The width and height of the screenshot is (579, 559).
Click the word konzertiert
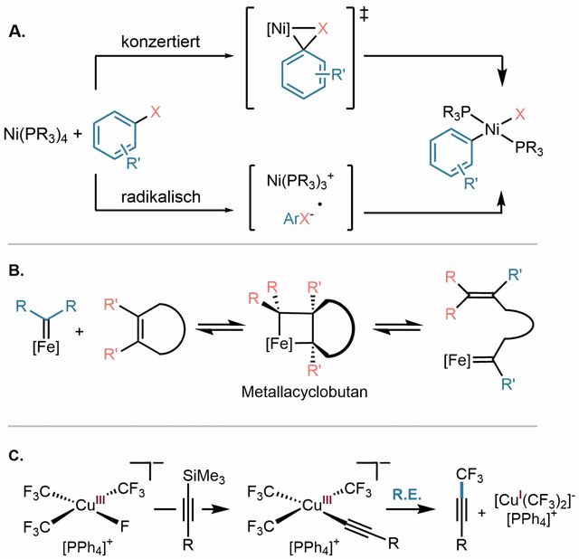pyautogui.click(x=161, y=42)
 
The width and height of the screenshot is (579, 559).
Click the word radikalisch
pyautogui.click(x=161, y=197)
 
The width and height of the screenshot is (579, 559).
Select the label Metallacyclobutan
pyautogui.click(x=305, y=392)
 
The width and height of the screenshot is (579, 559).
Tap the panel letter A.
pyautogui.click(x=17, y=32)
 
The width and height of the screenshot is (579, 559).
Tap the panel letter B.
pyautogui.click(x=16, y=270)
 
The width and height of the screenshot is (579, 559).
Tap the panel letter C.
pyautogui.click(x=16, y=456)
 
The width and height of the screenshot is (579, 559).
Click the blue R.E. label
pyautogui.click(x=407, y=495)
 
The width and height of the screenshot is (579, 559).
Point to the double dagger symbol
pyautogui.click(x=364, y=14)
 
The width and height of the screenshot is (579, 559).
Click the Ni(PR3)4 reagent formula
pyautogui.click(x=36, y=135)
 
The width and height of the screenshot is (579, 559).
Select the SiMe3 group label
pyautogui.click(x=204, y=477)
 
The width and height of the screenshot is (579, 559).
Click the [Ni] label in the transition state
pyautogui.click(x=279, y=29)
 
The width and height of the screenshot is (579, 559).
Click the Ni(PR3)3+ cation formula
pyautogui.click(x=300, y=181)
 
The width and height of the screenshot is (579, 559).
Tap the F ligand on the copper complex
pyautogui.click(x=125, y=526)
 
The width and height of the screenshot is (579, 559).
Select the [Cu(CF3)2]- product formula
pyautogui.click(x=535, y=501)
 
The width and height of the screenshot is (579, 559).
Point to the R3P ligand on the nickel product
pyautogui.click(x=457, y=113)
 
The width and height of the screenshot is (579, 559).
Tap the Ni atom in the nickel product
pyautogui.click(x=492, y=130)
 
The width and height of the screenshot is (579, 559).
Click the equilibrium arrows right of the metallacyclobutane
pyautogui.click(x=397, y=327)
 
